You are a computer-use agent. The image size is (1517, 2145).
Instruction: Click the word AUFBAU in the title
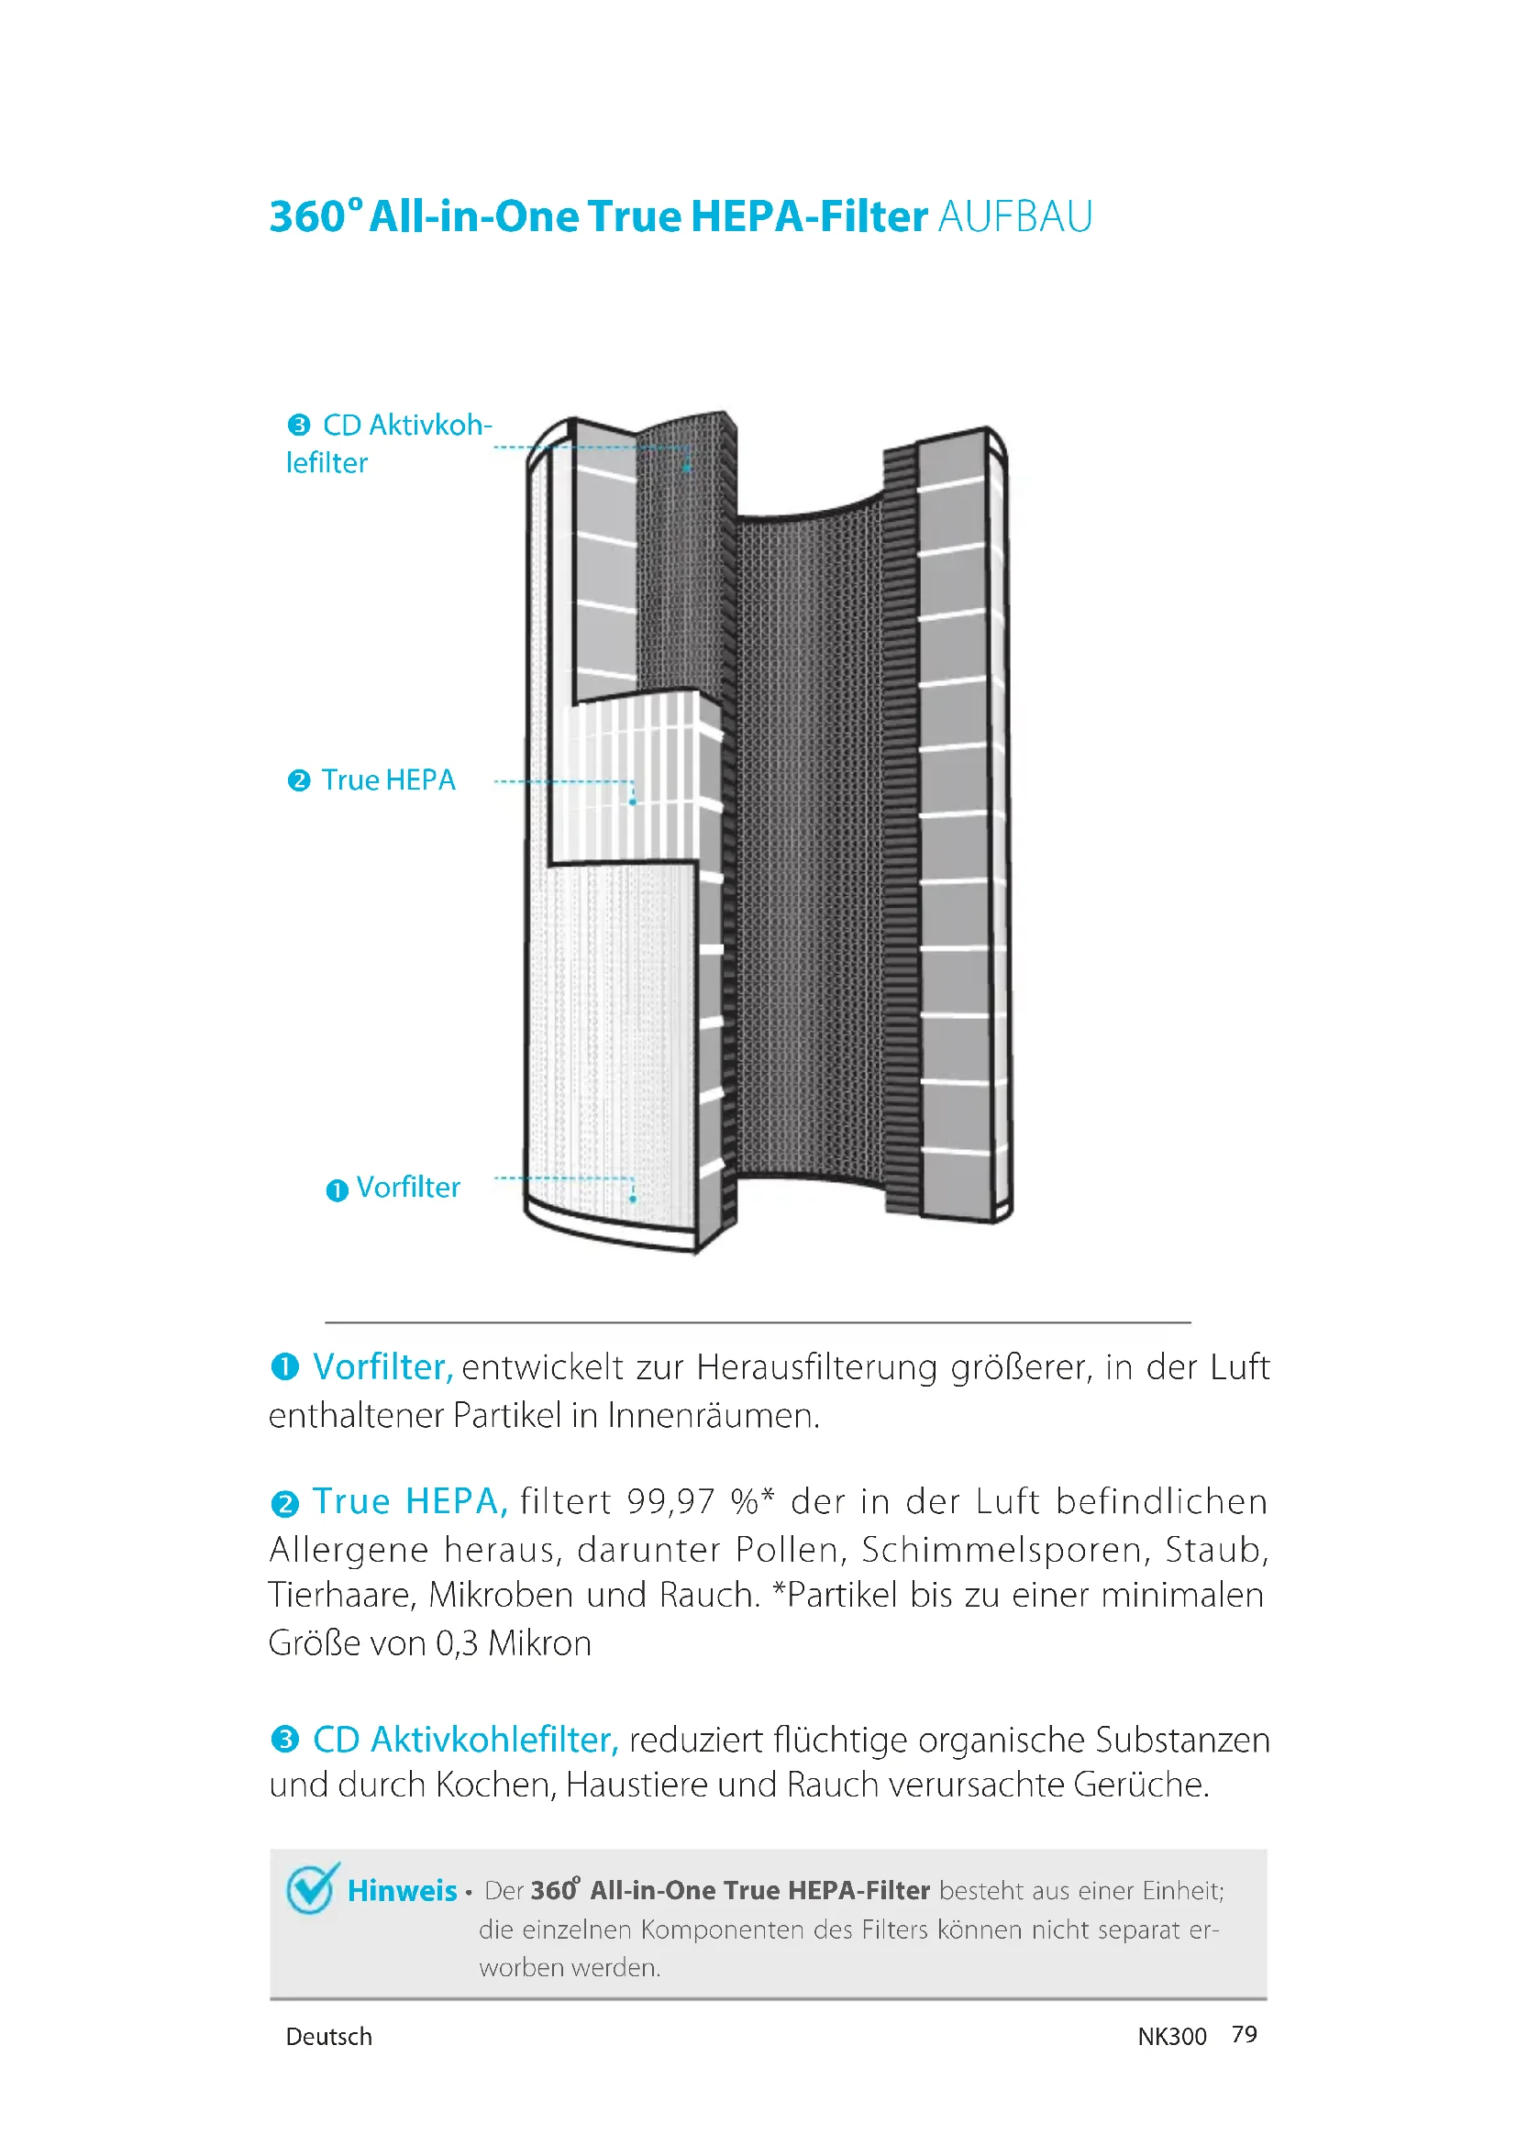click(1014, 216)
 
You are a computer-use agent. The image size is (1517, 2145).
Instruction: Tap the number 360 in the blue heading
click(307, 216)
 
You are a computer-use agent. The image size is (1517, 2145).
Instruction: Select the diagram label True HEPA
click(388, 780)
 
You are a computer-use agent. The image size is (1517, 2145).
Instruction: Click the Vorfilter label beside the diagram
click(408, 1188)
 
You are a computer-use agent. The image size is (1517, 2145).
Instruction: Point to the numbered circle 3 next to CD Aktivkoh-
click(298, 426)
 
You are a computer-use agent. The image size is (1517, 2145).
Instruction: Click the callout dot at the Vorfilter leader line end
click(633, 1199)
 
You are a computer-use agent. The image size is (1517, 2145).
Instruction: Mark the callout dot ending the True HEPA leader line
click(633, 802)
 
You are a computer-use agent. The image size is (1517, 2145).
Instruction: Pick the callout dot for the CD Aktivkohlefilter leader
click(687, 467)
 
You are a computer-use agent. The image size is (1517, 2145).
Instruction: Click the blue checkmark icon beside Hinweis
click(311, 1889)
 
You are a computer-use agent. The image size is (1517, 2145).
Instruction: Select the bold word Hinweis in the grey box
click(402, 1891)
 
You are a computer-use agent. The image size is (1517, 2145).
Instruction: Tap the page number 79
click(1245, 2035)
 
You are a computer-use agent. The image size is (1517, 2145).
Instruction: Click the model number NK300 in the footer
click(1171, 2037)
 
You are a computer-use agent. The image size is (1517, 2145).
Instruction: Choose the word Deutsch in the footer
click(329, 2037)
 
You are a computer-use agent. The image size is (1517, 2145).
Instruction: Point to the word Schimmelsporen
click(1002, 1550)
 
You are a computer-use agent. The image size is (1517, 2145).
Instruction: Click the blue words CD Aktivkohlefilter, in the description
click(465, 1740)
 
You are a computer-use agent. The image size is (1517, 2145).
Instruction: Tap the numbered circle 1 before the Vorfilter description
click(284, 1367)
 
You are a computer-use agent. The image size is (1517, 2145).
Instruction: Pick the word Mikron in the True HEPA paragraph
click(540, 1643)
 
